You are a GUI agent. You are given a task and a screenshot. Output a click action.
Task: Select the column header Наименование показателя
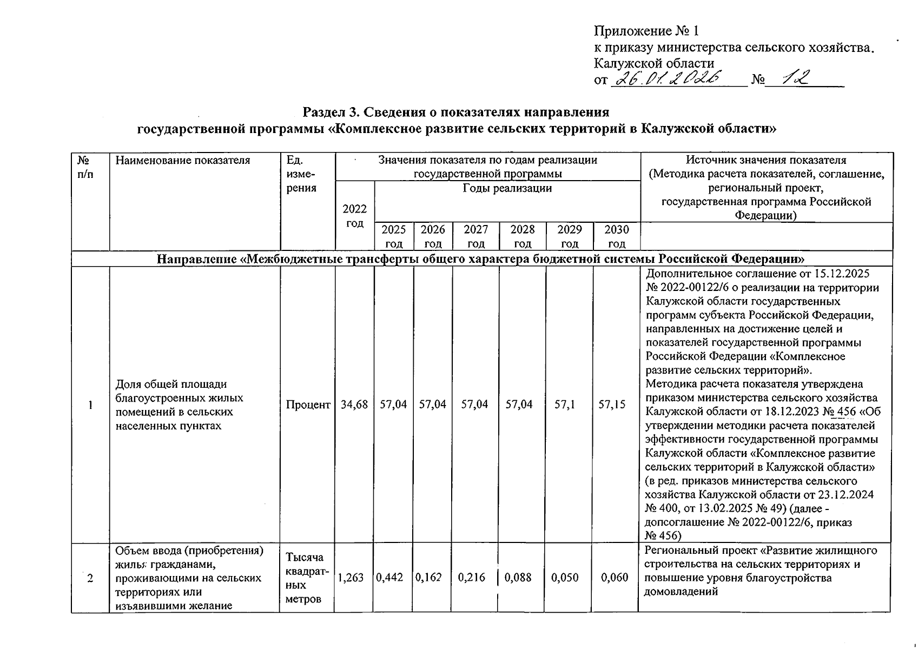[x=183, y=160]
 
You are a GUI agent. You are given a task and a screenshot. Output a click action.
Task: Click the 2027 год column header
[x=475, y=236]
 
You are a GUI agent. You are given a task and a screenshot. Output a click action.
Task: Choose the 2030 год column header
[x=616, y=236]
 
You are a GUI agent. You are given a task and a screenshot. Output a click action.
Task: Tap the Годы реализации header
[x=507, y=188]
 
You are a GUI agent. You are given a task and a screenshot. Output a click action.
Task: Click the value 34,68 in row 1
[x=354, y=405]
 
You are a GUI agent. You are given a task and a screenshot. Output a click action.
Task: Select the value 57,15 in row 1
[x=616, y=405]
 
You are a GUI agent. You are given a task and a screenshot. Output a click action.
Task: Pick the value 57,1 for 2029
[x=569, y=405]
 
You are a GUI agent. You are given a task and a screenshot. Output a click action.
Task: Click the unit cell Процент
[x=308, y=405]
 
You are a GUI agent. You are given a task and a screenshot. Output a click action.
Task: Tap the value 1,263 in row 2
[x=351, y=578]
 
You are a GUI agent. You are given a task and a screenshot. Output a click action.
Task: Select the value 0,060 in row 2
[x=615, y=578]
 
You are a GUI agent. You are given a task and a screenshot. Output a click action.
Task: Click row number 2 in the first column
[x=90, y=578]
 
